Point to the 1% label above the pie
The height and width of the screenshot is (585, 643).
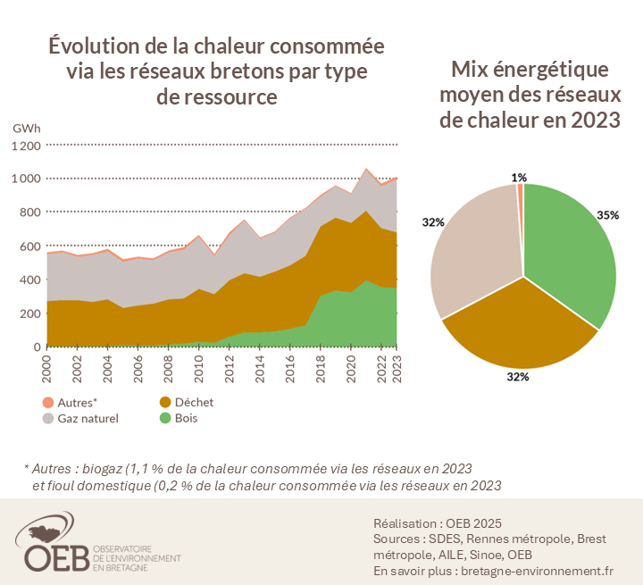click(519, 178)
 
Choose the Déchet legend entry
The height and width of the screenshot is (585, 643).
click(187, 402)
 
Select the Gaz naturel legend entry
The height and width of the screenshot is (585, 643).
click(81, 417)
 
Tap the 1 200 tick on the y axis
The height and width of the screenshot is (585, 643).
click(26, 146)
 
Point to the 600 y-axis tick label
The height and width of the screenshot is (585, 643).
click(31, 247)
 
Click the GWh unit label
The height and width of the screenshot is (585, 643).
click(27, 129)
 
